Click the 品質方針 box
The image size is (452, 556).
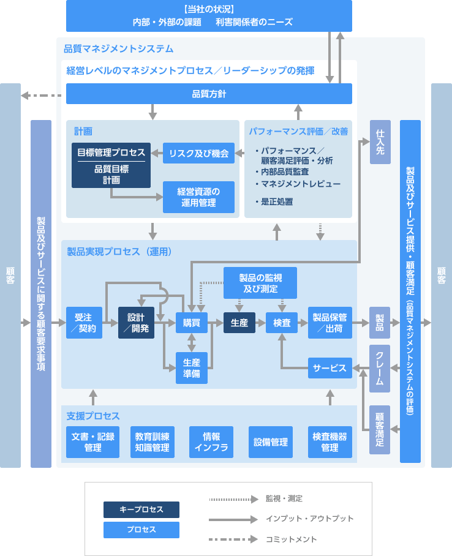point(209,94)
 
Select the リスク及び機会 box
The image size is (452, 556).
point(198,153)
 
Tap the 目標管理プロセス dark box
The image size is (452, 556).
point(111,165)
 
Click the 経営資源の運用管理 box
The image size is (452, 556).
point(198,197)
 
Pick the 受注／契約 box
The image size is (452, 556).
point(84,322)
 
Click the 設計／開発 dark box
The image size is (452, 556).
point(136,322)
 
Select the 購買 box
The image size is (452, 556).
point(192,322)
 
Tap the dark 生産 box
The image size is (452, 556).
point(239,322)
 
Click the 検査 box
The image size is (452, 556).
point(282,322)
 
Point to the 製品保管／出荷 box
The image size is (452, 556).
point(330,322)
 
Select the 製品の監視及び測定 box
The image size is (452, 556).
point(260,282)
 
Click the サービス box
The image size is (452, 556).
point(330,368)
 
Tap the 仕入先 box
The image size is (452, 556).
point(380,142)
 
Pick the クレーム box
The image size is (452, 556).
point(380,368)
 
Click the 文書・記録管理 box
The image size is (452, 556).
point(93,442)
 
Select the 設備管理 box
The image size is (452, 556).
point(270,442)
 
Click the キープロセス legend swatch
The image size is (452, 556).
point(141,509)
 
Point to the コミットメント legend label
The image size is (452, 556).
point(291,539)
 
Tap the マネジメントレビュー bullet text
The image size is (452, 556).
point(301,184)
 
